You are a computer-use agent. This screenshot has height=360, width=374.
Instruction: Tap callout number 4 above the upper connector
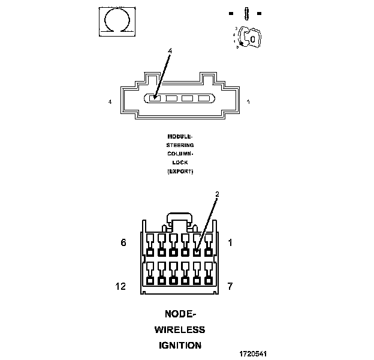click(x=170, y=52)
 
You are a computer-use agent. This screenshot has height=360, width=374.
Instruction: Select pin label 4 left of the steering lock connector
click(x=110, y=102)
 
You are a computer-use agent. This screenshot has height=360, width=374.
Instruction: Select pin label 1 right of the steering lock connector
click(x=248, y=102)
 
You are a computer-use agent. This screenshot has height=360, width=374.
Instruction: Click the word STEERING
click(x=180, y=145)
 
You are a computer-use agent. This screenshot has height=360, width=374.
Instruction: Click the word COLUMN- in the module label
click(x=180, y=154)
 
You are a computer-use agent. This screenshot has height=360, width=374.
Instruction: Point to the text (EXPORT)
click(x=180, y=171)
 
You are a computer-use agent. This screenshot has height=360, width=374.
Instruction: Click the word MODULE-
click(x=180, y=136)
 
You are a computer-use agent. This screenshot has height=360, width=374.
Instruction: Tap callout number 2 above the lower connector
click(x=217, y=194)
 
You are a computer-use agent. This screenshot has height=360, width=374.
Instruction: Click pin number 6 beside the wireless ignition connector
click(x=123, y=243)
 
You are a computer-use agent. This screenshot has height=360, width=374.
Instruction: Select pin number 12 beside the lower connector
click(x=121, y=286)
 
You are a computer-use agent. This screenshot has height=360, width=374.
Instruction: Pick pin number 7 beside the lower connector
click(x=230, y=286)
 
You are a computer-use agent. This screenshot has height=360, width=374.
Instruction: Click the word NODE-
click(x=180, y=314)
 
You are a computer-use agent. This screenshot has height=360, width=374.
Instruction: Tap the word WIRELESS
click(x=180, y=329)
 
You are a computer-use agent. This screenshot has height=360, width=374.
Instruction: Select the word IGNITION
click(x=180, y=345)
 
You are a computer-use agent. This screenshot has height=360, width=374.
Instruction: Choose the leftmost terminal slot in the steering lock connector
click(x=155, y=98)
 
